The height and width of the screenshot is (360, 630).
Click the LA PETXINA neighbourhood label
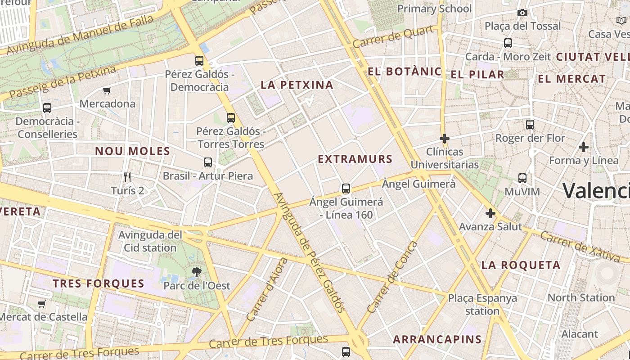point(297,85)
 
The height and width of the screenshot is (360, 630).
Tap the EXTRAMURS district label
point(355,159)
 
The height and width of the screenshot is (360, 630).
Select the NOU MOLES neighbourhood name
point(132,151)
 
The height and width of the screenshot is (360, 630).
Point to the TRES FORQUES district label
point(99,283)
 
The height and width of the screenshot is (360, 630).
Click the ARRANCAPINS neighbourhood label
point(437,339)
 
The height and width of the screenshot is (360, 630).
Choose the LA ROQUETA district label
point(521,265)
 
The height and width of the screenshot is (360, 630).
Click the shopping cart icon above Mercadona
point(107,91)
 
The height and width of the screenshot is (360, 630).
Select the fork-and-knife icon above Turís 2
point(127,177)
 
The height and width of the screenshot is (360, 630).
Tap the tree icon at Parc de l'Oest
point(196,272)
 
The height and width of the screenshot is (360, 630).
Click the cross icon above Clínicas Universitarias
point(445,139)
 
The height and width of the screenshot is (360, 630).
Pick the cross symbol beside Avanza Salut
point(490,213)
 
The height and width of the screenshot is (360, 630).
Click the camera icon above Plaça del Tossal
point(522,13)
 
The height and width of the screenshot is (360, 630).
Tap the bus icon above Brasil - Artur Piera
point(208,162)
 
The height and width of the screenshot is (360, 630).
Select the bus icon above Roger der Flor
point(530,125)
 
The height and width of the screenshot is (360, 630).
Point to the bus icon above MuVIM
point(522,178)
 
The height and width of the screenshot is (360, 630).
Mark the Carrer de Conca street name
point(392,278)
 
